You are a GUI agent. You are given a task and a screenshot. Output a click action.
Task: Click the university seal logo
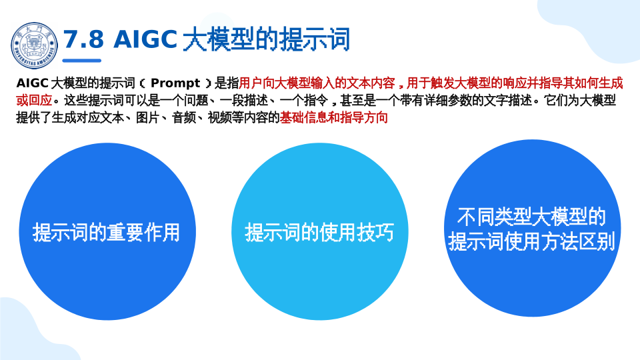coord(34,45)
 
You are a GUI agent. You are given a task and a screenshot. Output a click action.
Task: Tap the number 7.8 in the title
coord(84,39)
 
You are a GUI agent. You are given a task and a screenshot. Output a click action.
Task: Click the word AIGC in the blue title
coord(145,39)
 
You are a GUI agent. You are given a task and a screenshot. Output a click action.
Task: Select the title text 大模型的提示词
coord(266,39)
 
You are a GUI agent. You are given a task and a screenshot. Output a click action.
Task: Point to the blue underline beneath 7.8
coord(81,61)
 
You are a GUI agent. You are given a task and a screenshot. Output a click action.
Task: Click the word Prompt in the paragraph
coord(175,83)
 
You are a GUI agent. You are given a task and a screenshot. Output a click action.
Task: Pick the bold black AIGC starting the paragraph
coord(33,83)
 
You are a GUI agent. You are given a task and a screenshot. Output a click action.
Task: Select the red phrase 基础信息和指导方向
coord(333,117)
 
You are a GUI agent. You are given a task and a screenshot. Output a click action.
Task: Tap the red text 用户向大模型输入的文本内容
coord(317,83)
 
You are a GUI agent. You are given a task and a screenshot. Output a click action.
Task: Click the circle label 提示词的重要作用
coord(106,232)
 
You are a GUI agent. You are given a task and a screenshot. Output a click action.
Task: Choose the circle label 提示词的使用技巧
coord(319,232)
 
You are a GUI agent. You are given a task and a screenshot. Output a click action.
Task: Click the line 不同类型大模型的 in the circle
coord(531,216)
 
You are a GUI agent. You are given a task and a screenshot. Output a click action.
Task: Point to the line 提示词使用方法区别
coord(531,241)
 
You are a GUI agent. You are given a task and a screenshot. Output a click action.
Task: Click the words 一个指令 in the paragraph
coord(304,100)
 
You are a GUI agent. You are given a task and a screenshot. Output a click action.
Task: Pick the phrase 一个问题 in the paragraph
coord(184,100)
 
